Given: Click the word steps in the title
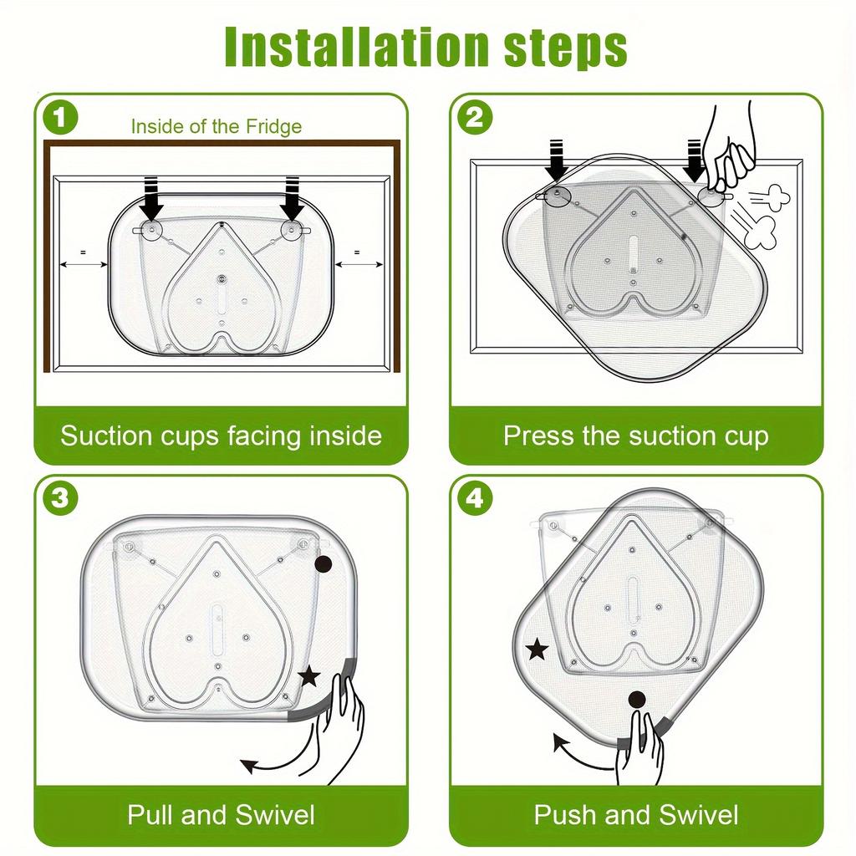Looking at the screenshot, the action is pyautogui.click(x=566, y=49).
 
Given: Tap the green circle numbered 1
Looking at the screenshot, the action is pyautogui.click(x=60, y=118).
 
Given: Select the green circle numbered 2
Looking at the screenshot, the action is pyautogui.click(x=475, y=118).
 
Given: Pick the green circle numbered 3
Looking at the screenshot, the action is pyautogui.click(x=60, y=498).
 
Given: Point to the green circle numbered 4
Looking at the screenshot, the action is pyautogui.click(x=475, y=498).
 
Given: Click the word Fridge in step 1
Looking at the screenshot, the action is pyautogui.click(x=273, y=127).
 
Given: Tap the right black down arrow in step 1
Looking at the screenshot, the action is pyautogui.click(x=293, y=199).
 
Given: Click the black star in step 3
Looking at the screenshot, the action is pyautogui.click(x=309, y=676).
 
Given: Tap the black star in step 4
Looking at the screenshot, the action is pyautogui.click(x=538, y=650).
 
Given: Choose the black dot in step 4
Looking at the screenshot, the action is pyautogui.click(x=637, y=700).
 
